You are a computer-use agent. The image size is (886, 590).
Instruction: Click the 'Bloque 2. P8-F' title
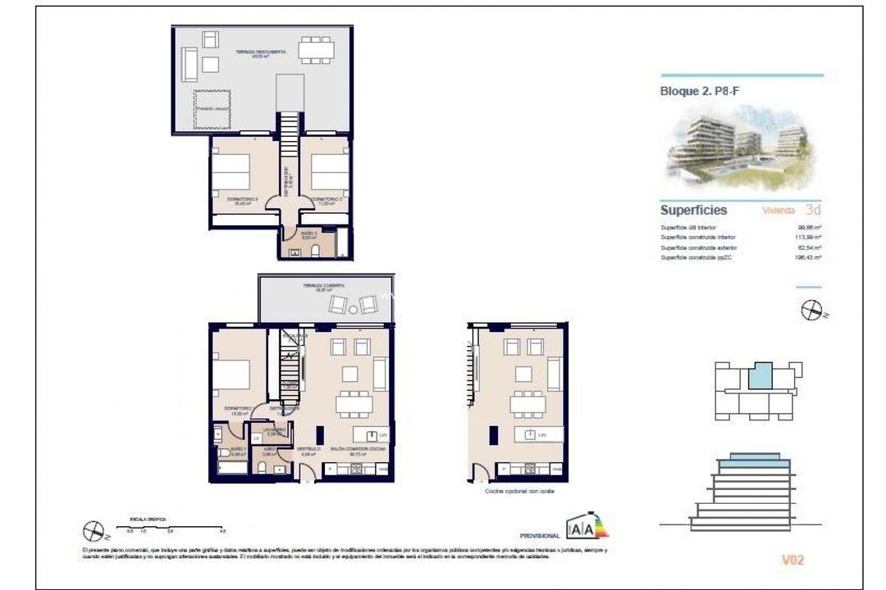click(693, 92)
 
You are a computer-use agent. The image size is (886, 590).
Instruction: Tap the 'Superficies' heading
click(693, 211)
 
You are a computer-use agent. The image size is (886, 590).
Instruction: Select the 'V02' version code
click(792, 560)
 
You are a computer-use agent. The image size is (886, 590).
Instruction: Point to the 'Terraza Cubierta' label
click(323, 287)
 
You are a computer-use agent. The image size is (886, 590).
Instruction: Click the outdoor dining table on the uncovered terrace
click(316, 51)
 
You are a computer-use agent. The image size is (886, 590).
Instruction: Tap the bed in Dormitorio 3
click(231, 172)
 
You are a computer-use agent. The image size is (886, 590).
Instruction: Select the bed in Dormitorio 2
click(331, 172)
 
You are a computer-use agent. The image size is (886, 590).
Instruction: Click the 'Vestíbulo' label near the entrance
click(308, 450)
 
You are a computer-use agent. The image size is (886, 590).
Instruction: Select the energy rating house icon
click(587, 526)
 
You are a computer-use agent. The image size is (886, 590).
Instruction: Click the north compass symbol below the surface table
click(811, 311)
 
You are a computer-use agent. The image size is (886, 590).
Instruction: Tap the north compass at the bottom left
click(94, 532)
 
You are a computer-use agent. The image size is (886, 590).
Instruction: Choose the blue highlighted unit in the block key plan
click(760, 377)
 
